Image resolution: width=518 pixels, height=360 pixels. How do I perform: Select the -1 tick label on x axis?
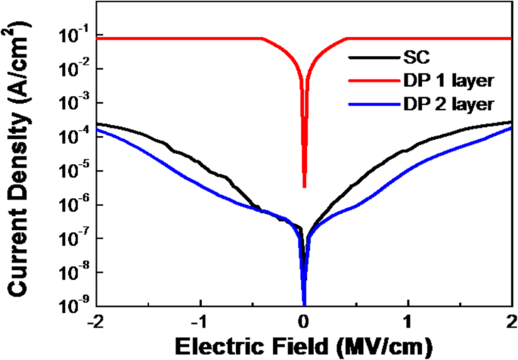click(x=199, y=321)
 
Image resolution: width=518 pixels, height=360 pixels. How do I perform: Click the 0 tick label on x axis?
click(x=304, y=321)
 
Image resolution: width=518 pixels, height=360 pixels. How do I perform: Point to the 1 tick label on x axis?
click(x=408, y=321)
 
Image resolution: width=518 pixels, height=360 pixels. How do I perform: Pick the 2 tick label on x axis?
click(x=512, y=321)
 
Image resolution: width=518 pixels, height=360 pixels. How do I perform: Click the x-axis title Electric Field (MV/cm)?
click(x=304, y=346)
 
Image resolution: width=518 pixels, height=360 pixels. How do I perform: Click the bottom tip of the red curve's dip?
click(x=304, y=186)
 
